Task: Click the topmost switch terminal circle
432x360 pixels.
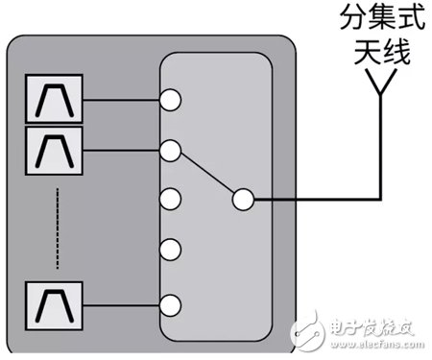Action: click(x=172, y=98)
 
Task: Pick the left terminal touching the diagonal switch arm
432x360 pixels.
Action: click(x=172, y=149)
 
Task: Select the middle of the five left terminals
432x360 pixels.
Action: click(x=172, y=200)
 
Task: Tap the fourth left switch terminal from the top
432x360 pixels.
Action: click(x=172, y=252)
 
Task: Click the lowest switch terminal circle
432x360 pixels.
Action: click(x=172, y=305)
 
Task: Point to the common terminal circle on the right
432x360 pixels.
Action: click(x=243, y=200)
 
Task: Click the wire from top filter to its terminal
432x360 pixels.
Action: click(x=122, y=98)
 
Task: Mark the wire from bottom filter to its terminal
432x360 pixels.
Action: click(x=122, y=305)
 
